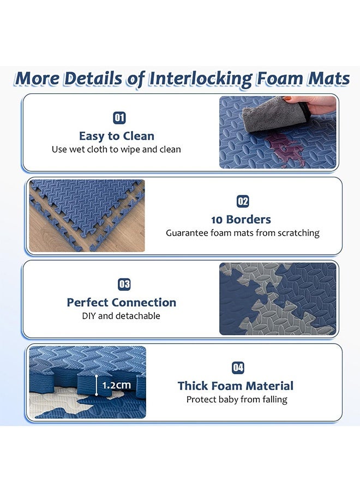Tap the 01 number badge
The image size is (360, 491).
click(119, 117)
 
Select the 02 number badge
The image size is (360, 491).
click(243, 201)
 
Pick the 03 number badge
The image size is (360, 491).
click(124, 284)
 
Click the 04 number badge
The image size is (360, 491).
click(238, 368)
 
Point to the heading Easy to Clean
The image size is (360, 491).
click(117, 136)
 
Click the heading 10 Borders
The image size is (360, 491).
click(241, 219)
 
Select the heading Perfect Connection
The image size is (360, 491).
click(121, 302)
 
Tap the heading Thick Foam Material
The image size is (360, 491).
click(235, 386)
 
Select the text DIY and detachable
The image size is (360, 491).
click(121, 316)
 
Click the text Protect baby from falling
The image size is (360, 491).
click(237, 399)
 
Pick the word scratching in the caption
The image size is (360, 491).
click(298, 233)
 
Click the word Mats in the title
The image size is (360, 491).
click(327, 79)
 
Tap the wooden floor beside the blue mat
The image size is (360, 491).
click(49, 235)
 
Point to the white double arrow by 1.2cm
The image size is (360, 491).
click(97, 385)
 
